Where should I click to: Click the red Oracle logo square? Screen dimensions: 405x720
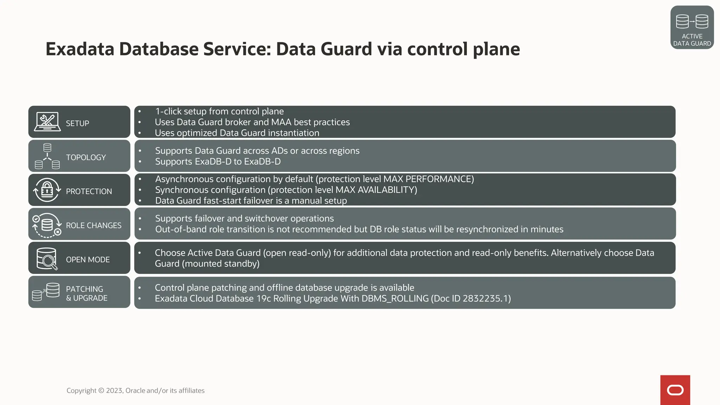coord(675,390)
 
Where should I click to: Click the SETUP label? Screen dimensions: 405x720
coord(77,123)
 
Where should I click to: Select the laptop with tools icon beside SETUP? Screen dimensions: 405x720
coord(47,122)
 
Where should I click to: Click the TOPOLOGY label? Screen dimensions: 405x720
coord(86,157)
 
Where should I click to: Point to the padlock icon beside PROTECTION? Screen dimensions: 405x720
coord(47,190)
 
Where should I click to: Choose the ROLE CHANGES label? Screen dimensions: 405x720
coord(94,225)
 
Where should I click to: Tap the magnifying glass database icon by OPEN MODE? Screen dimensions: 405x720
coord(47,259)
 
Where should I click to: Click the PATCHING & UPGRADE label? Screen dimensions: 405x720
coord(86,293)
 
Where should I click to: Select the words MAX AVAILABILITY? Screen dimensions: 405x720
coord(375,190)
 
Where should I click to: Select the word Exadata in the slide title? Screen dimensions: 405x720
coord(80,49)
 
